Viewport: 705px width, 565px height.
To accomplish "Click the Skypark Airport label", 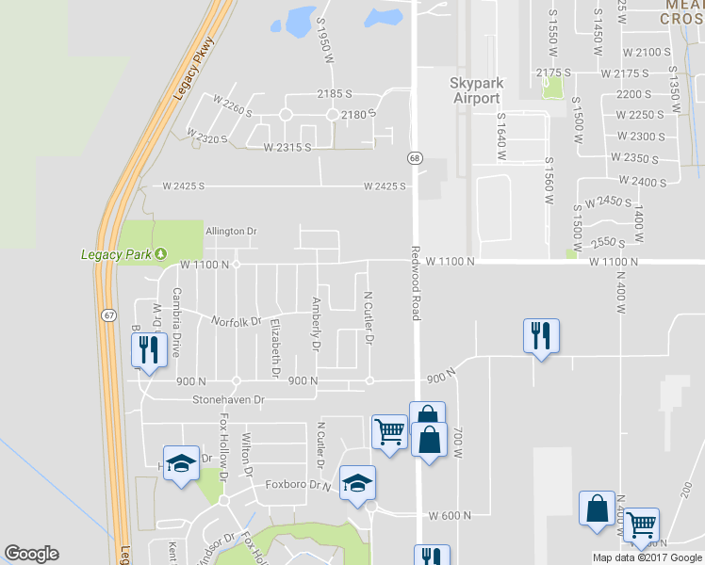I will [x=476, y=90].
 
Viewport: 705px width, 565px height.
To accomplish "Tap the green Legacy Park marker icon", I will [x=161, y=254].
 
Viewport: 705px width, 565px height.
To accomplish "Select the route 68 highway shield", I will [x=415, y=158].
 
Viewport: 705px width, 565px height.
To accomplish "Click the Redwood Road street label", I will [x=415, y=282].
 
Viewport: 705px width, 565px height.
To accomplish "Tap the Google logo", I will [x=31, y=554].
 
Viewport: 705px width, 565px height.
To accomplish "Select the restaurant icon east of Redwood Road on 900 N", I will [x=541, y=336].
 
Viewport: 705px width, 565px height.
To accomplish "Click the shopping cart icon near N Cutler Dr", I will [x=389, y=431].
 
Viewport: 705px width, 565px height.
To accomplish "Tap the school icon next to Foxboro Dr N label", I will [x=357, y=483].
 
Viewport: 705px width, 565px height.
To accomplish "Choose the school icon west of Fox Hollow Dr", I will [x=181, y=463].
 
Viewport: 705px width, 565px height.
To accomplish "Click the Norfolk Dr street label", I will [x=236, y=322].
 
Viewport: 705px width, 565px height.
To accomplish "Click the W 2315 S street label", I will [x=287, y=148].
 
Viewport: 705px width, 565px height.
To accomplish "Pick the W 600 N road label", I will [x=450, y=515].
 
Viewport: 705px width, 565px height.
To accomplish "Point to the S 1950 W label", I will [x=326, y=40].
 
